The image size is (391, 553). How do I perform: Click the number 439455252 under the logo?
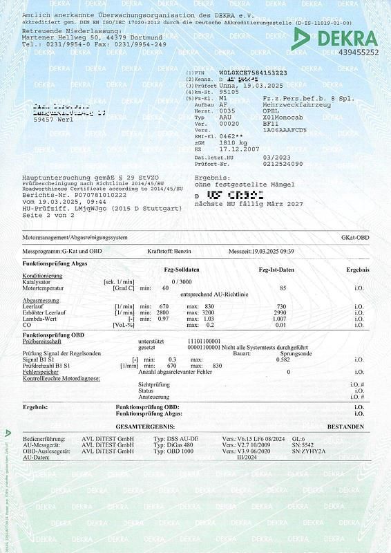pyautogui.click(x=355, y=53)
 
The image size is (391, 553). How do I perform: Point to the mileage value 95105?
pyautogui.click(x=229, y=91)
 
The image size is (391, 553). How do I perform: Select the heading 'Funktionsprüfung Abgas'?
pyautogui.click(x=55, y=265)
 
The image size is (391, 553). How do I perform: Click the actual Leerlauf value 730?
pyautogui.click(x=281, y=306)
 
